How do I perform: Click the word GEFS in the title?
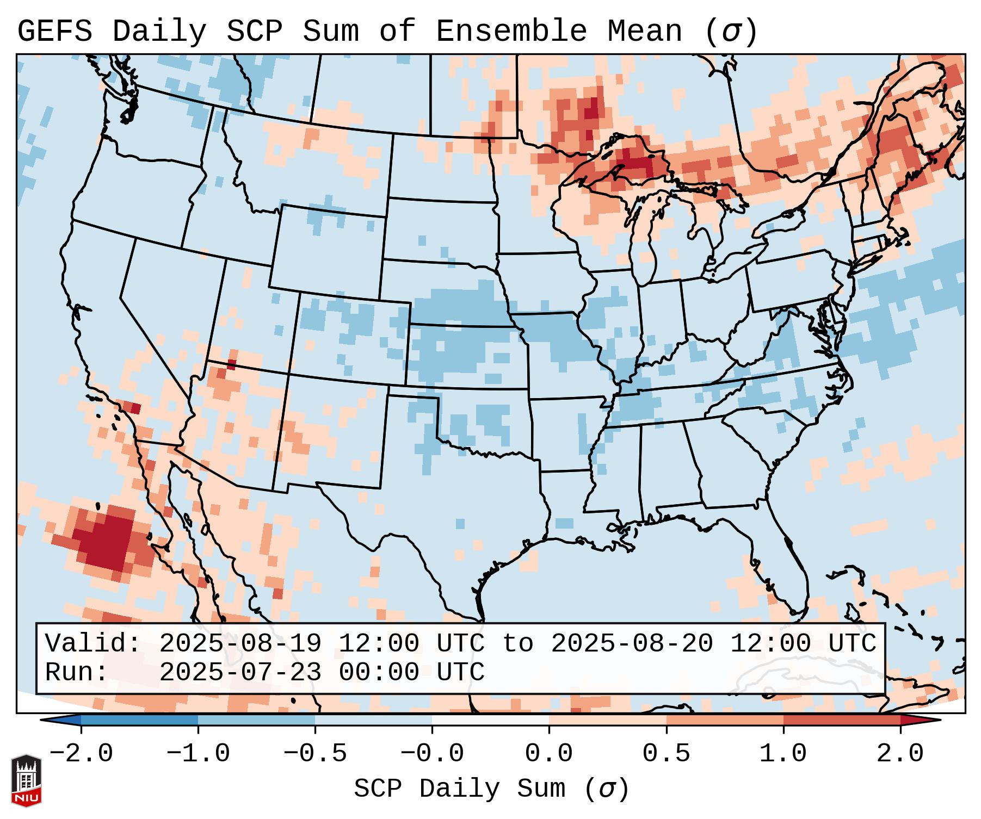(x=54, y=32)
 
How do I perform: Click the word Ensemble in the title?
(x=511, y=32)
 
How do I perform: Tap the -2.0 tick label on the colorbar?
(x=81, y=754)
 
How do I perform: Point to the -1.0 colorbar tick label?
(x=198, y=754)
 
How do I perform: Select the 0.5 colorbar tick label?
(x=667, y=754)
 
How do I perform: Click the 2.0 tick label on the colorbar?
(x=900, y=754)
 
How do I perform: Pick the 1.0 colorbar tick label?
(x=783, y=754)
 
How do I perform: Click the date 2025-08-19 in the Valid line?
(x=240, y=644)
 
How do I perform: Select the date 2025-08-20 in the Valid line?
(x=632, y=644)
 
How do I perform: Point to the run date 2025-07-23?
(x=240, y=673)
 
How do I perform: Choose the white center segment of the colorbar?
(x=490, y=720)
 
